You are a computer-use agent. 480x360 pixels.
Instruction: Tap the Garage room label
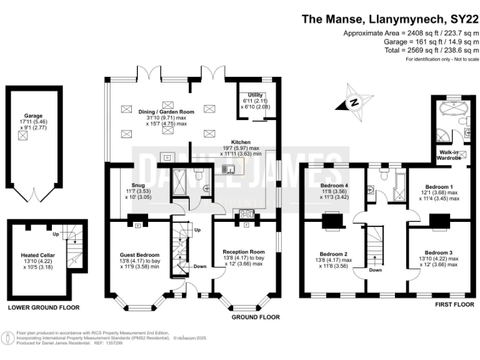pos(33,116)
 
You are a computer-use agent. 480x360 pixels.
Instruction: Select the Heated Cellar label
pos(38,255)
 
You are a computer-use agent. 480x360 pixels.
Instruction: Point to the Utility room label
pos(256,94)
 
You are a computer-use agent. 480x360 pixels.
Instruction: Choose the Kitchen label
pos(241,141)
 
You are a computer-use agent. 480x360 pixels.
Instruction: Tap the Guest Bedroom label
pos(139,255)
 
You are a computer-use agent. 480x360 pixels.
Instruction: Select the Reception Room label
pos(244,252)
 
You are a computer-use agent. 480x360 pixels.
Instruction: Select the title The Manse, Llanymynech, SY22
pos(391,19)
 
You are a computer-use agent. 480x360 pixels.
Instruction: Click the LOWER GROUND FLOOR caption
pos(42,308)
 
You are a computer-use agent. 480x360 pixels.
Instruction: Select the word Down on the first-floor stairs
pos(375,271)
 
